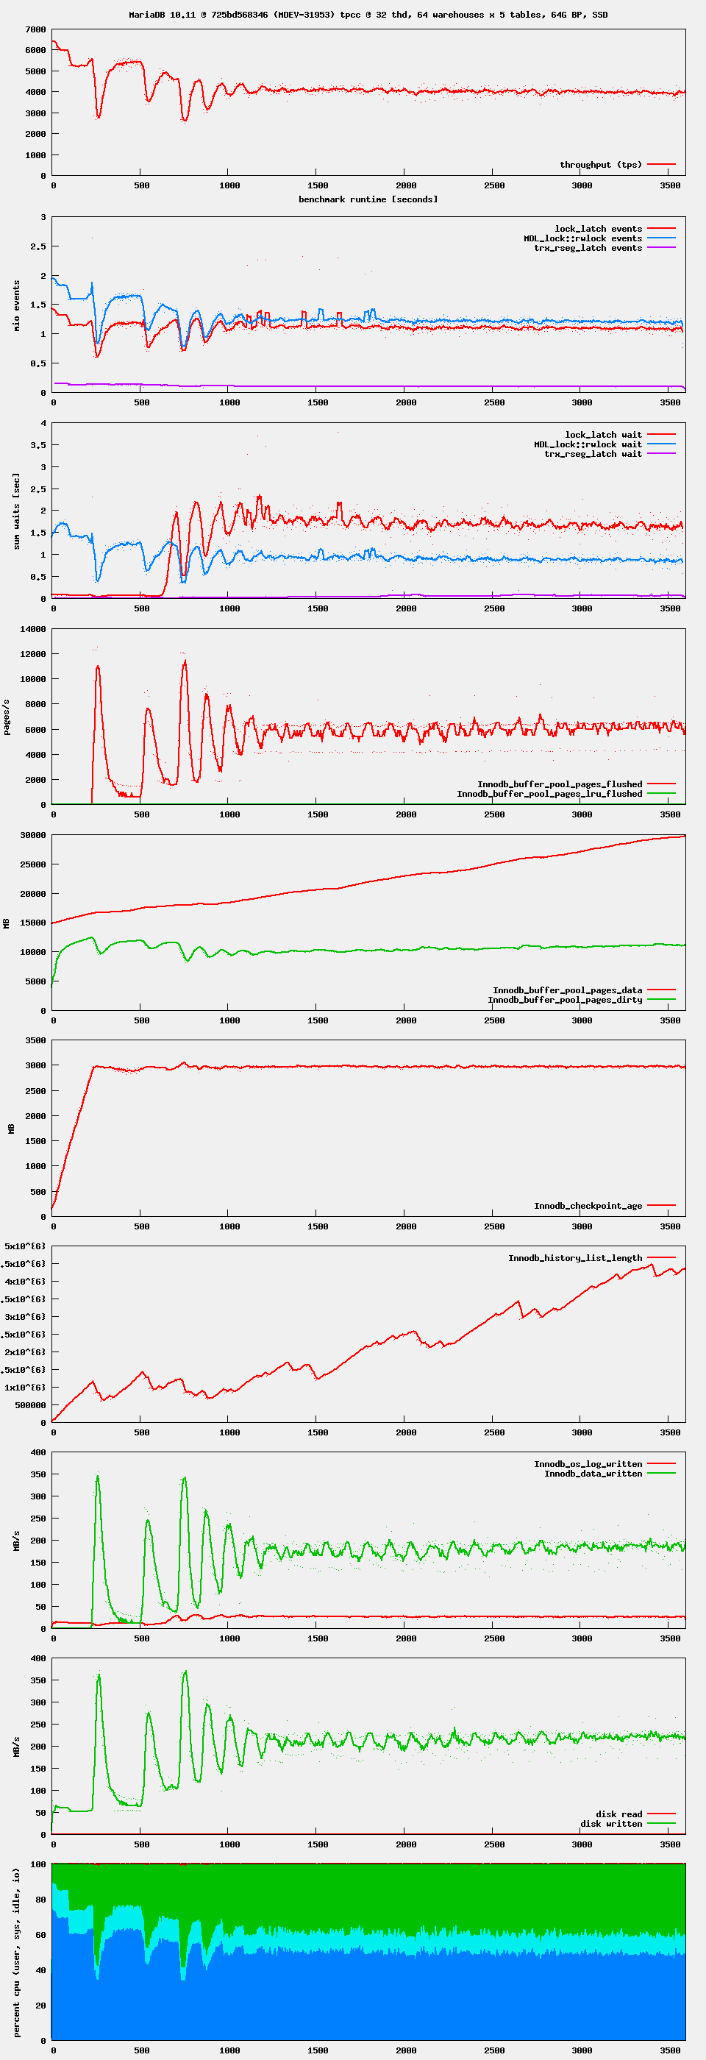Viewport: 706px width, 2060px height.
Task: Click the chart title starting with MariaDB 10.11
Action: tap(368, 15)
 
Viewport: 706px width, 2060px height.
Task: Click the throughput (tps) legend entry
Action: tap(600, 165)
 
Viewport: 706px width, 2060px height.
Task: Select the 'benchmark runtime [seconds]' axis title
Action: tap(368, 199)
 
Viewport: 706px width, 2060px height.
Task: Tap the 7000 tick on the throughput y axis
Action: tap(35, 29)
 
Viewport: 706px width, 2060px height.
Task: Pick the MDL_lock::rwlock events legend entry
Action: tap(583, 238)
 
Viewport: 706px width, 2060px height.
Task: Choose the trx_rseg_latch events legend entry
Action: tap(588, 248)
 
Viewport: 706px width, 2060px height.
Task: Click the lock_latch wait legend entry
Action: tap(603, 435)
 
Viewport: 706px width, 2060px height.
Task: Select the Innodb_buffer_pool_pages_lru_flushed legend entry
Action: tap(549, 794)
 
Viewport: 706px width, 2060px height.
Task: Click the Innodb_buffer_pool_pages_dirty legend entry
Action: tap(565, 1000)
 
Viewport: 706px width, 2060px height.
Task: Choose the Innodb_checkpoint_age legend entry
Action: tap(588, 1206)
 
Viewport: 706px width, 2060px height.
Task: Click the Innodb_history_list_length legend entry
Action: tap(575, 1258)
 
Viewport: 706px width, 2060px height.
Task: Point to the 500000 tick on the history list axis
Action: tap(30, 1405)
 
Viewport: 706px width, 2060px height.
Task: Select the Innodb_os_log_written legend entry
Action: tap(588, 1464)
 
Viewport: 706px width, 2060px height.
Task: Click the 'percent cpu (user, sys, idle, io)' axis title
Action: tap(17, 1952)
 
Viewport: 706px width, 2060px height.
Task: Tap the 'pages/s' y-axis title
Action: tap(7, 717)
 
